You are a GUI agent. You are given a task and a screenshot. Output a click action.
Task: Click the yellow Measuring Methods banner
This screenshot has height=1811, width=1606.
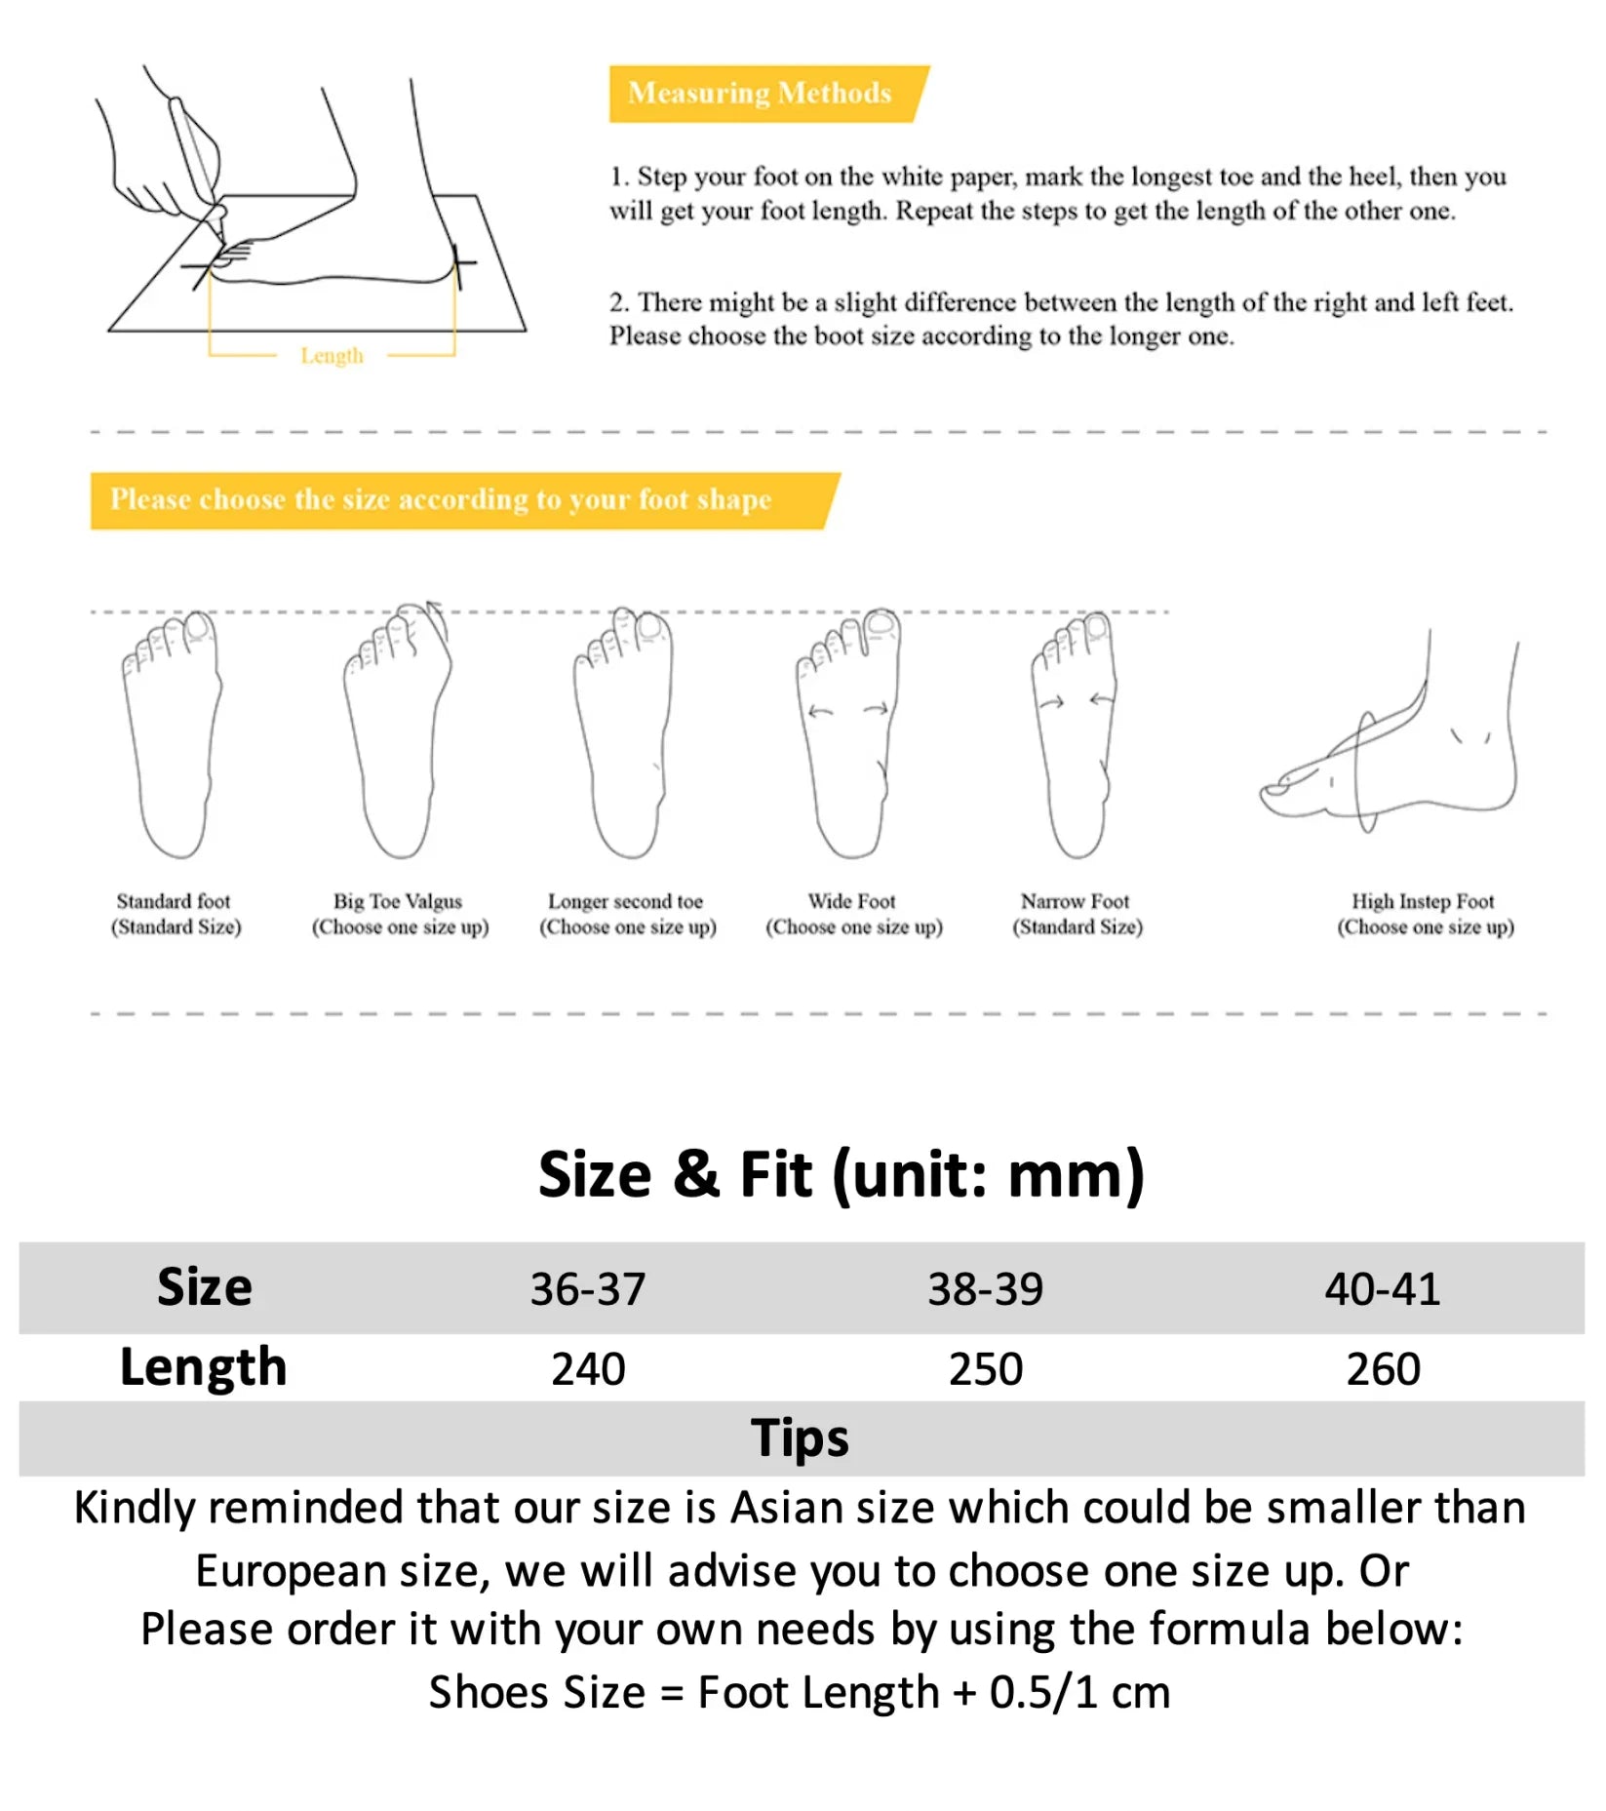tap(761, 94)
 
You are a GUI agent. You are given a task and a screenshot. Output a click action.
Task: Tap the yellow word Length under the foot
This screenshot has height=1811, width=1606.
tap(332, 356)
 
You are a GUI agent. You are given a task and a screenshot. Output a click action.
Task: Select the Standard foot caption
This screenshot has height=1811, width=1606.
tap(175, 914)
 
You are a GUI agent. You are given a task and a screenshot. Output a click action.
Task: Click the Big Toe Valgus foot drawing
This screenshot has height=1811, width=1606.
tap(397, 731)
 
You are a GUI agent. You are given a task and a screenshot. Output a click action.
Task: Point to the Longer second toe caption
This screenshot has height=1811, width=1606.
tap(627, 914)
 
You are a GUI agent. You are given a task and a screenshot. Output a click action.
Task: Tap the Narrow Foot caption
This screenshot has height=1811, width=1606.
tap(1077, 914)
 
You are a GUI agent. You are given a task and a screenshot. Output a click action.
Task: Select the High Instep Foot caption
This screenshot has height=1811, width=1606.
tap(1425, 914)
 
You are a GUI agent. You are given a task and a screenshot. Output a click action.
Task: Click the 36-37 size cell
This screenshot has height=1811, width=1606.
tap(588, 1288)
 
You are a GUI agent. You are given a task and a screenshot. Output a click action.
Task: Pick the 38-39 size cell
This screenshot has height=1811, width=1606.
tap(985, 1288)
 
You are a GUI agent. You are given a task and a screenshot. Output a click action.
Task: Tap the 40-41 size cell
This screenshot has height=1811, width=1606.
tap(1382, 1288)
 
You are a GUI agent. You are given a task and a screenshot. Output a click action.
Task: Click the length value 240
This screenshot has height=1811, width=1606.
tap(588, 1368)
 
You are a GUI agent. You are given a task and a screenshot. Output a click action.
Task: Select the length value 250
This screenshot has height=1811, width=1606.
tap(985, 1368)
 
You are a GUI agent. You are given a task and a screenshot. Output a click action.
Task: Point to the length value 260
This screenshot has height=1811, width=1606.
tap(1383, 1368)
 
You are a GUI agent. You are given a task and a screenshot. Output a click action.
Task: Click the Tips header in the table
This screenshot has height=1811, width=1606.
tap(800, 1437)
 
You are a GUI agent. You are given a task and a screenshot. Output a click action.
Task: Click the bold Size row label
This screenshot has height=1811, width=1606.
tap(205, 1286)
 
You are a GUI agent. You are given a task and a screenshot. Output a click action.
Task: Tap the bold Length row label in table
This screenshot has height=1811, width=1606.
tap(203, 1367)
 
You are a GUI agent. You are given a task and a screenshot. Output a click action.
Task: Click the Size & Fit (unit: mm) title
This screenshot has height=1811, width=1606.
tap(841, 1173)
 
